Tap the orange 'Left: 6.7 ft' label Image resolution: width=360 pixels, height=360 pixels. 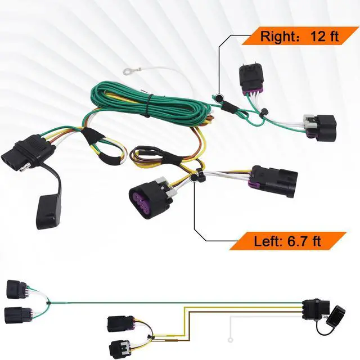tap(287, 241)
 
